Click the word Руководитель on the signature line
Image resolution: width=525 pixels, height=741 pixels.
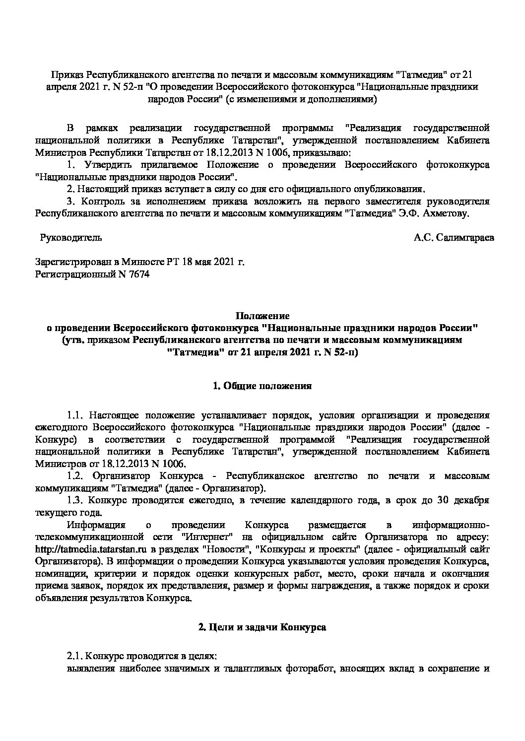click(70, 237)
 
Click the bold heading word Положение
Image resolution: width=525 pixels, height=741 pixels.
click(262, 316)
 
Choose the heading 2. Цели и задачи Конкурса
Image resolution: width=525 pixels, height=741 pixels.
click(262, 627)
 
